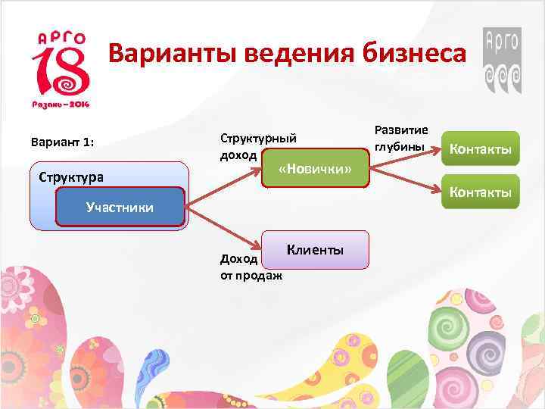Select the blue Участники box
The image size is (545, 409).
pyautogui.click(x=120, y=207)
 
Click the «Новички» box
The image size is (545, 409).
pyautogui.click(x=315, y=167)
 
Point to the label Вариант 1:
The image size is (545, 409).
pyautogui.click(x=62, y=142)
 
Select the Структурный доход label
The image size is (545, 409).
pyautogui.click(x=257, y=145)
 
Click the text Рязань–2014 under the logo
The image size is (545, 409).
pyautogui.click(x=60, y=104)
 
